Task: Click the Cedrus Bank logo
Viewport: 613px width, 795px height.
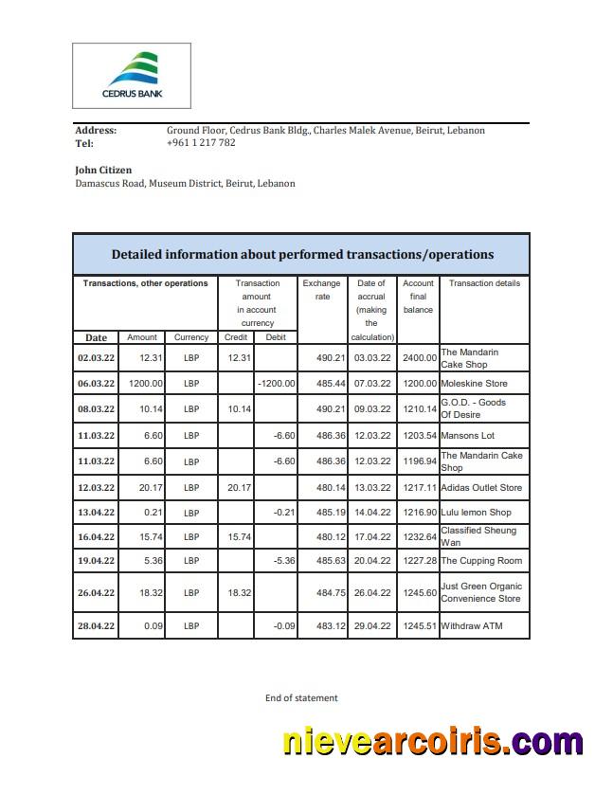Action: pos(131,75)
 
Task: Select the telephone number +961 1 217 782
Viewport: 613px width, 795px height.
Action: pos(200,143)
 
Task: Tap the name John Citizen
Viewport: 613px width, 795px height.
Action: pos(103,170)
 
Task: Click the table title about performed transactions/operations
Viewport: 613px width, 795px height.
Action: pos(301,254)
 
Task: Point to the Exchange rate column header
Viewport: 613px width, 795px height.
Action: pos(321,290)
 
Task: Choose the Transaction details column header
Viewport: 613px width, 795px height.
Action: pos(484,283)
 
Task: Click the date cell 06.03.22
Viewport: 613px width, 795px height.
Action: pos(96,384)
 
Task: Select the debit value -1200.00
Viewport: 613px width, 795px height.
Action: pos(276,384)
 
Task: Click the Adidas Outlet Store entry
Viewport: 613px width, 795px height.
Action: pos(481,488)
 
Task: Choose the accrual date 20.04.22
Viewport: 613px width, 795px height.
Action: pos(371,561)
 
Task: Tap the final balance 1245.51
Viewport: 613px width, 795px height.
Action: pos(418,626)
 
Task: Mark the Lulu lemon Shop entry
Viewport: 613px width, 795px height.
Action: pos(476,513)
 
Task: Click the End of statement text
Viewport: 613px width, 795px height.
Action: pos(301,698)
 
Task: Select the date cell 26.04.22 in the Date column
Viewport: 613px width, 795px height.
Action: pos(96,592)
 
